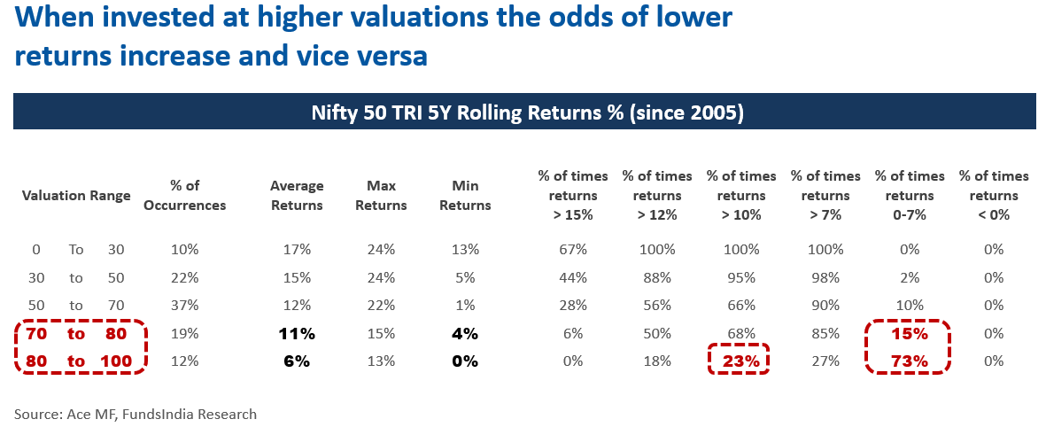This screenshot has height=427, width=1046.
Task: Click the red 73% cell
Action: tap(910, 361)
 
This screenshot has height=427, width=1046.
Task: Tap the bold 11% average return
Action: tap(297, 334)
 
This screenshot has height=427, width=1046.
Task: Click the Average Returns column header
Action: tap(297, 195)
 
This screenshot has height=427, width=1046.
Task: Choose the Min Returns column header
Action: tap(465, 195)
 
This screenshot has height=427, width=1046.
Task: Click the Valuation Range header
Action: tap(76, 195)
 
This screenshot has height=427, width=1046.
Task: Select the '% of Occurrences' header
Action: tap(186, 195)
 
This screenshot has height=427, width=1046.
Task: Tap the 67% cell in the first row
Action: tap(573, 250)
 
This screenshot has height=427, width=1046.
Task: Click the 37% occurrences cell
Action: tap(186, 306)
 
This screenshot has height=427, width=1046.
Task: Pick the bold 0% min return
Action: tap(465, 361)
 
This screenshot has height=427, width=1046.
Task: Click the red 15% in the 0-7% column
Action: tap(910, 334)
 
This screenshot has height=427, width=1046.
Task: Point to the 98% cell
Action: tap(825, 278)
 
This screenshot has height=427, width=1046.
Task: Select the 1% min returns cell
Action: tap(465, 306)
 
